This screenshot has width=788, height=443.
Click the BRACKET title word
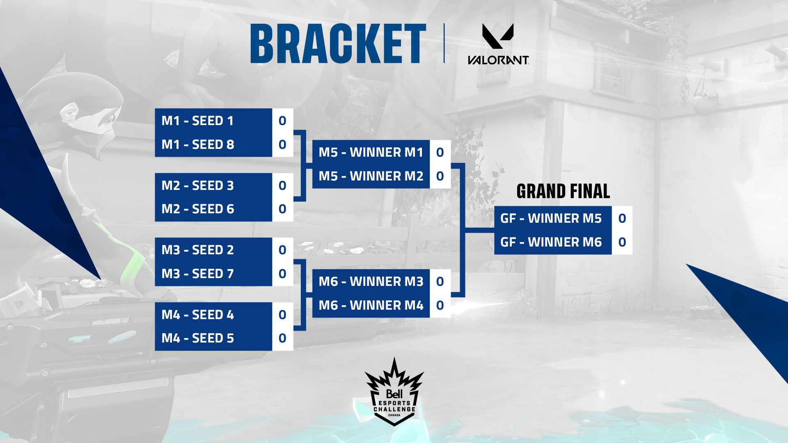[338, 43]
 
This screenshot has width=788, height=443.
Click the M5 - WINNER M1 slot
[371, 152]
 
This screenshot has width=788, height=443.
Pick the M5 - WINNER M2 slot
[371, 176]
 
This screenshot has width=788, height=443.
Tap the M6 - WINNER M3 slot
[371, 281]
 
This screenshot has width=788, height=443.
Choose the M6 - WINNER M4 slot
[371, 305]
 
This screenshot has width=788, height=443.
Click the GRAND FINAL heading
[563, 191]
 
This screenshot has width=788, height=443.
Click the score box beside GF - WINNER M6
[622, 242]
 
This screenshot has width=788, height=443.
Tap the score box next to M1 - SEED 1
[282, 121]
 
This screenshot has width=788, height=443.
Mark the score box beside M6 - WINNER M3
[440, 281]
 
